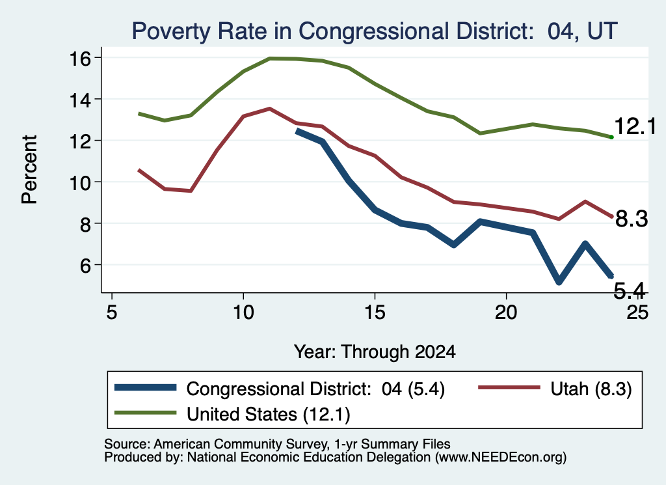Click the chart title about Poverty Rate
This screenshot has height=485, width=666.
pyautogui.click(x=374, y=31)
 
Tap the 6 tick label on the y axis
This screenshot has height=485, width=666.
pyautogui.click(x=85, y=266)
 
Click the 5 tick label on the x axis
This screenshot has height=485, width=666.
pyautogui.click(x=111, y=312)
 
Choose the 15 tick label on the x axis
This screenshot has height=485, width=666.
pyautogui.click(x=375, y=312)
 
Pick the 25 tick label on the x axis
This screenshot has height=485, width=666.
pyautogui.click(x=638, y=312)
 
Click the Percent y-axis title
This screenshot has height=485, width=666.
pyautogui.click(x=30, y=169)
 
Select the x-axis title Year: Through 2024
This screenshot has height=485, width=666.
pyautogui.click(x=375, y=352)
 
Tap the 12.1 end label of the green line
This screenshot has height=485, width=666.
pyautogui.click(x=635, y=126)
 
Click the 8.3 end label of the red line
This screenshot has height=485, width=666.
pyautogui.click(x=632, y=219)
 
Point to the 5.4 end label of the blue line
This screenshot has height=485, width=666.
pyautogui.click(x=630, y=291)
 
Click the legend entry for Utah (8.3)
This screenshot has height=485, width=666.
pyautogui.click(x=591, y=389)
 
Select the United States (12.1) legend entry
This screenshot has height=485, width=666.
pyautogui.click(x=269, y=415)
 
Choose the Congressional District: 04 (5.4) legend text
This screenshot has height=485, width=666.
pyautogui.click(x=315, y=389)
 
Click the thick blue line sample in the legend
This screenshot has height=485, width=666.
pyautogui.click(x=145, y=387)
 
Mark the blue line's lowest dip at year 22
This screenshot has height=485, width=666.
pyautogui.click(x=559, y=281)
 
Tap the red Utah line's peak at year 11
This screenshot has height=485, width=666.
pyautogui.click(x=269, y=109)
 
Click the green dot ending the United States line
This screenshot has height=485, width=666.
pyautogui.click(x=611, y=137)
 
